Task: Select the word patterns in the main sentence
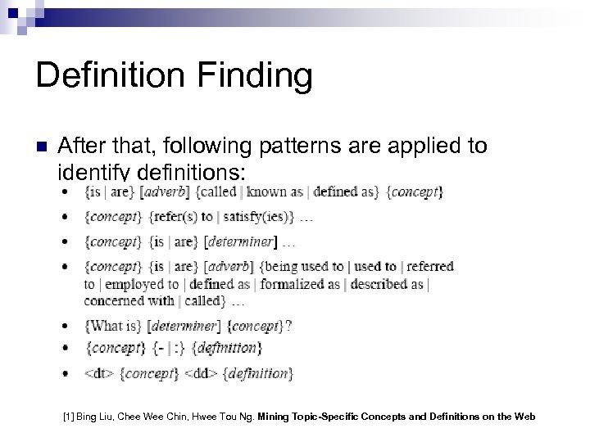coord(309,147)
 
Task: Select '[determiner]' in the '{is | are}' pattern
coord(241,241)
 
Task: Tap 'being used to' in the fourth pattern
coord(303,266)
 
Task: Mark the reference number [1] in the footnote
coord(69,417)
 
